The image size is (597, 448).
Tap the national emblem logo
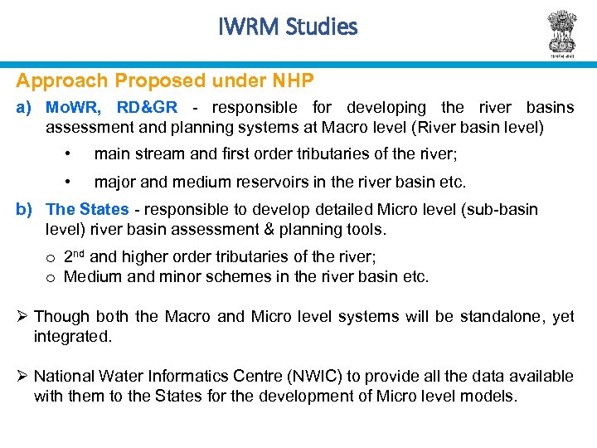[x=561, y=32]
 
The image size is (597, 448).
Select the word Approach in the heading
[x=63, y=81]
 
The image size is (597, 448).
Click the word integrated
[x=72, y=336]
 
